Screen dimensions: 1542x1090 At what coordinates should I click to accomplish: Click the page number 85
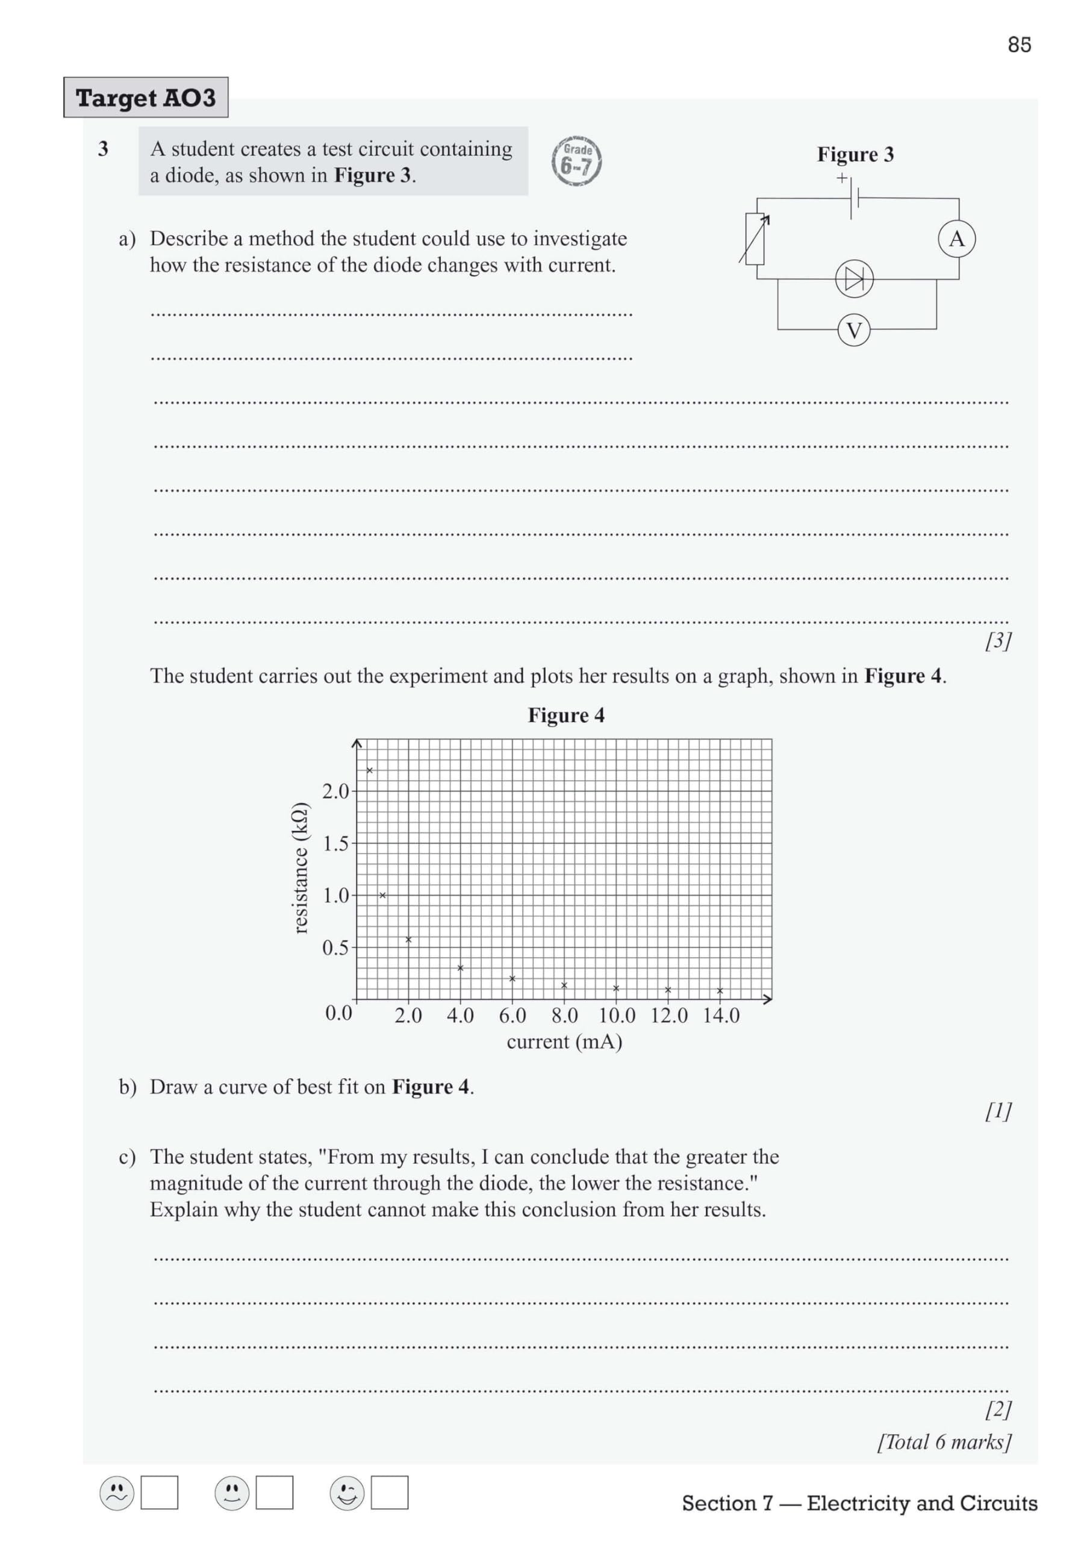point(1019,45)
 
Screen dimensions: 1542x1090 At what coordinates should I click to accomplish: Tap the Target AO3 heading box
point(146,98)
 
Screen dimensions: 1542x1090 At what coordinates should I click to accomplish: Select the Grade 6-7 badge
point(576,161)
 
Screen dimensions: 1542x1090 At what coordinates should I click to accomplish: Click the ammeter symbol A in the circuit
point(956,239)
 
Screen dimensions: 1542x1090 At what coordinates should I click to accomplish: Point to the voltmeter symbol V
point(853,331)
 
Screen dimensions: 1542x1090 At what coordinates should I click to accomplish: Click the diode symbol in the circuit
point(853,279)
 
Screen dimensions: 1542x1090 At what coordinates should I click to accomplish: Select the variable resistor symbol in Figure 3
point(755,239)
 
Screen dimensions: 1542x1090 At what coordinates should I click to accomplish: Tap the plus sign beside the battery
point(841,178)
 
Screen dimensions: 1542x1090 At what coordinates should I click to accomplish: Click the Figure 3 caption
point(855,154)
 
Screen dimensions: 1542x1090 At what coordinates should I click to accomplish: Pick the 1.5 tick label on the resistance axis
point(336,843)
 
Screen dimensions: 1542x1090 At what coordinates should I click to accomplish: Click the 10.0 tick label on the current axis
point(617,1016)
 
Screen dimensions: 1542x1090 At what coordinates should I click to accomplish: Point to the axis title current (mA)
point(564,1041)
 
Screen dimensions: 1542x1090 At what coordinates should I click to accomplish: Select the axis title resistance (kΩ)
point(301,868)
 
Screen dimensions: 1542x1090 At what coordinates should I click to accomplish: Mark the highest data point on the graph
point(369,770)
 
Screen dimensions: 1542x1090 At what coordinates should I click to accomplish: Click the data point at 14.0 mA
point(720,991)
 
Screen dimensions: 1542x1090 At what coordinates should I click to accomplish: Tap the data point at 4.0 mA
point(460,968)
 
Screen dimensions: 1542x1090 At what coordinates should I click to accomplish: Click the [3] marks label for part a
point(998,641)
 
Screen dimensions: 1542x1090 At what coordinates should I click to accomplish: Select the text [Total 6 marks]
point(944,1441)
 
